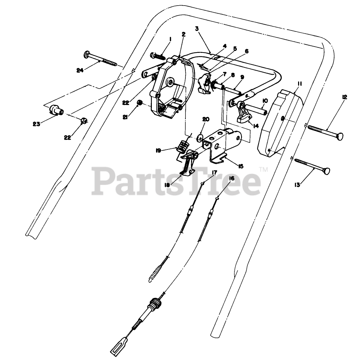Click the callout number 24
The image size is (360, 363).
pos(81,70)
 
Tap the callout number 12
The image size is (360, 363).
pos(344,97)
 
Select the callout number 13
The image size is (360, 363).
pos(297,185)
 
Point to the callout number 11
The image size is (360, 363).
pos(300,83)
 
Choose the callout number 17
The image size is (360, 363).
pos(214,172)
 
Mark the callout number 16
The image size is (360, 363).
pos(231,178)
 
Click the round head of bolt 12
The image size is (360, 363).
pos(339,135)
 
